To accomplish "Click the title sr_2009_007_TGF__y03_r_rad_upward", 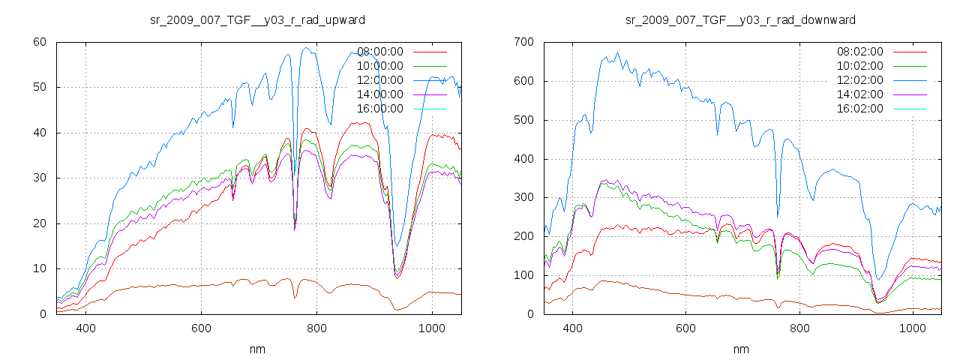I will (258, 19).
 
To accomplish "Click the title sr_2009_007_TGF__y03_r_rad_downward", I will (740, 19).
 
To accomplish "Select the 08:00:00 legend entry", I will (380, 52).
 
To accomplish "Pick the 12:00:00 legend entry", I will (380, 80).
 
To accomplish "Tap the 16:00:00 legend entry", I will (380, 109).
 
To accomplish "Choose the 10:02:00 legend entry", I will (860, 66).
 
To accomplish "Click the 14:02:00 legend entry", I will (860, 94).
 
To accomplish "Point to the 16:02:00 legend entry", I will (860, 109).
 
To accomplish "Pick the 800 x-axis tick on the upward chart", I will (316, 328).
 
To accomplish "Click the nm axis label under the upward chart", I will (258, 349).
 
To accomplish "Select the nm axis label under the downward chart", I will (741, 349).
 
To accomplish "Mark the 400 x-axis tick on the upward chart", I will (85, 328).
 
